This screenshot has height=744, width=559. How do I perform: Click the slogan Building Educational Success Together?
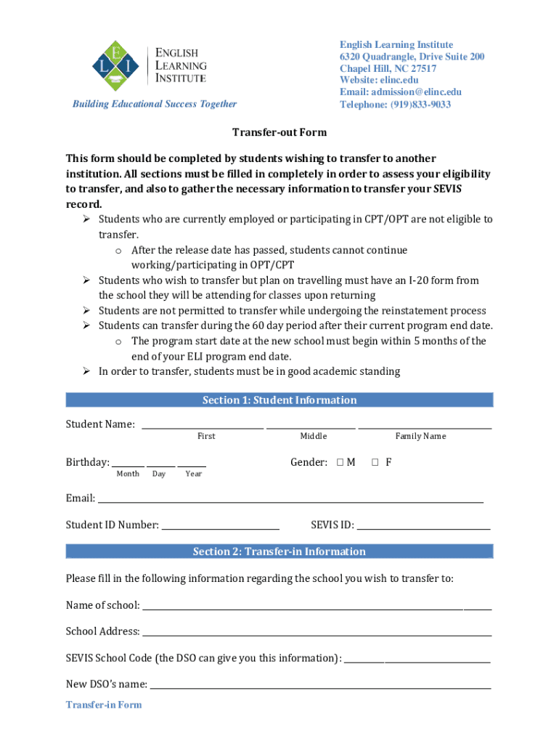154,104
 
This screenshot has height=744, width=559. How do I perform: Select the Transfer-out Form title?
279,132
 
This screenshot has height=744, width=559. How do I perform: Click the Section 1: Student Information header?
279,400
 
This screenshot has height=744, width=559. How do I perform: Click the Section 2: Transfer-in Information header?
279,551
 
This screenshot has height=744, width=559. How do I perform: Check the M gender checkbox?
340,462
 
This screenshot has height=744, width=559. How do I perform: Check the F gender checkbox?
376,462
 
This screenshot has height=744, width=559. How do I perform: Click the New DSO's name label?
107,684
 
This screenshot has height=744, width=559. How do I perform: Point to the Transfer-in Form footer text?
104,705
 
